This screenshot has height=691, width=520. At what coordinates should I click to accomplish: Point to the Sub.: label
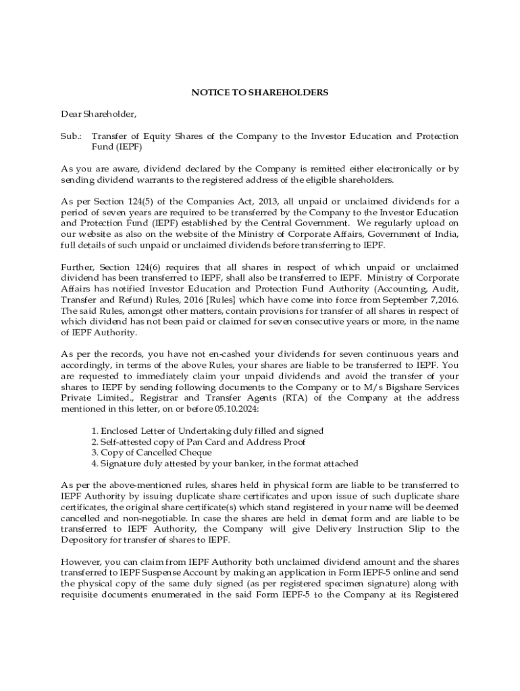point(71,136)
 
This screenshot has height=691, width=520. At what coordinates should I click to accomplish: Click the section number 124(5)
point(148,201)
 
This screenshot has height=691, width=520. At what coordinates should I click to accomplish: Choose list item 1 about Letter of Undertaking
point(207,431)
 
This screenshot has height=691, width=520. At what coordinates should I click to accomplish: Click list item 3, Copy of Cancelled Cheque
point(151,452)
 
